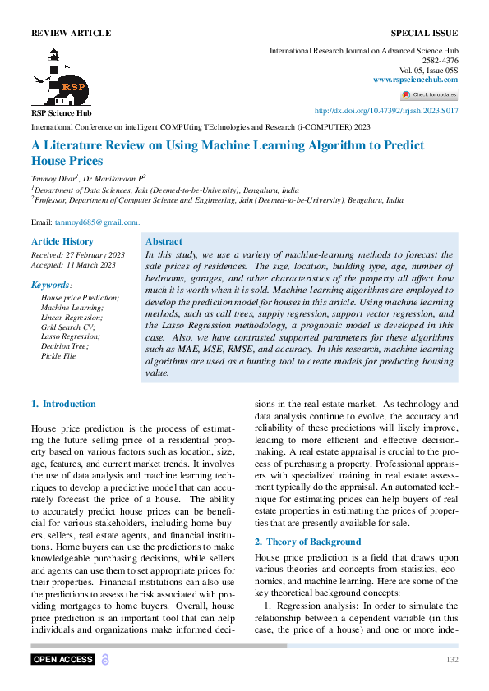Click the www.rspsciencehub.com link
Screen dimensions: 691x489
(x=415, y=79)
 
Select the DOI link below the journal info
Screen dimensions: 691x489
(x=386, y=110)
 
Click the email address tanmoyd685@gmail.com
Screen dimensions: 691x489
(x=98, y=222)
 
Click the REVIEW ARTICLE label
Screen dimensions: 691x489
(x=71, y=33)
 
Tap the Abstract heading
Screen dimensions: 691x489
(x=164, y=241)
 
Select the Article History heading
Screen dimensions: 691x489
(x=62, y=241)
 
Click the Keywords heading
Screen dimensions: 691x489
(x=52, y=285)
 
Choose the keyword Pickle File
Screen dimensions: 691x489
(x=58, y=356)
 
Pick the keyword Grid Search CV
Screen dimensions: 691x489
(x=68, y=327)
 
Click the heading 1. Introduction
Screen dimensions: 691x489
(x=63, y=404)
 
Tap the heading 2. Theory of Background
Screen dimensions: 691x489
(x=307, y=542)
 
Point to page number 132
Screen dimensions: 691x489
(x=451, y=660)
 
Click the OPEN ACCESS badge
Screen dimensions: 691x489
(x=63, y=660)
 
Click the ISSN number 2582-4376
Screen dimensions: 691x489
(x=440, y=60)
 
